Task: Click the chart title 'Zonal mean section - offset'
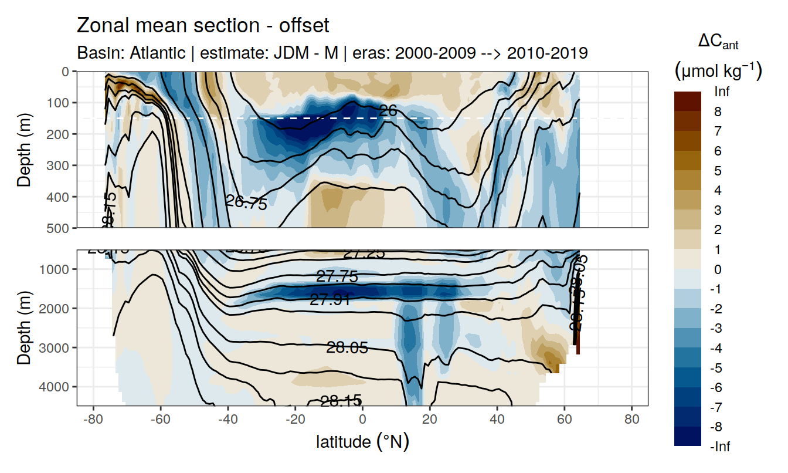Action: (x=203, y=26)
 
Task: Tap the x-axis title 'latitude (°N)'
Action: (x=362, y=441)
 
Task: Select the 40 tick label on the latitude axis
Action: (x=497, y=420)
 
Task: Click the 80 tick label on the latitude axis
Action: (x=631, y=420)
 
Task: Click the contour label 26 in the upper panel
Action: (x=388, y=110)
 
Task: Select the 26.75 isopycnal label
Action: (x=246, y=203)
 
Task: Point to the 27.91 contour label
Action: (x=330, y=300)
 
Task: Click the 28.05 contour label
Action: (x=347, y=348)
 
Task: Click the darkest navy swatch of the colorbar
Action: (x=688, y=437)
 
